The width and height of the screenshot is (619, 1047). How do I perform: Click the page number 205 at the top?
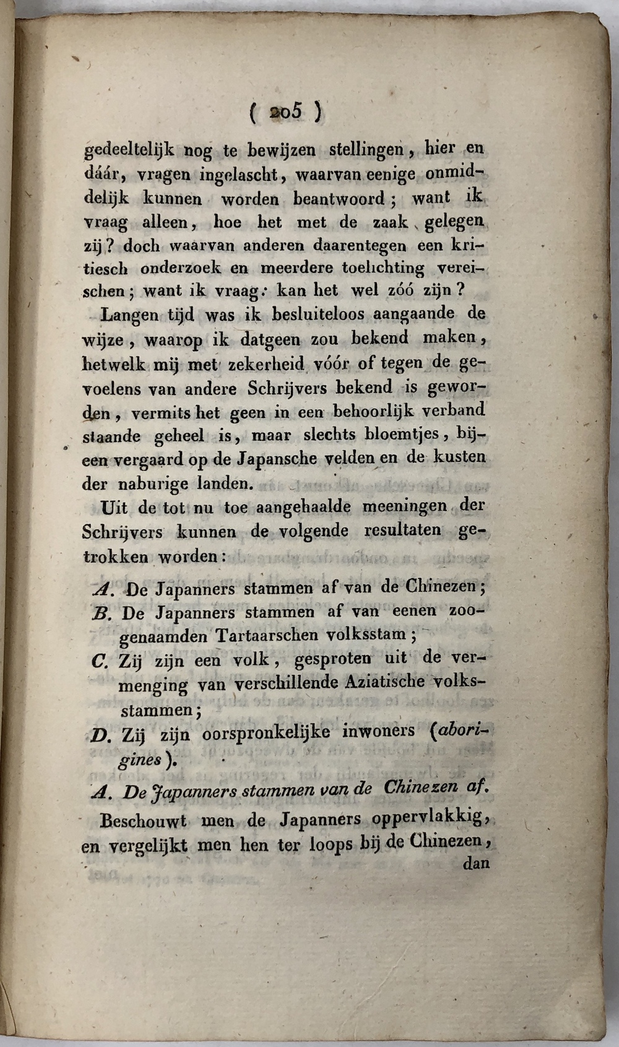pyautogui.click(x=285, y=112)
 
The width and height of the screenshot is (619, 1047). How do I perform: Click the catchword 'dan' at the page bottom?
pyautogui.click(x=476, y=863)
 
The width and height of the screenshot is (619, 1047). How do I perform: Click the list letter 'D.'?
pyautogui.click(x=100, y=736)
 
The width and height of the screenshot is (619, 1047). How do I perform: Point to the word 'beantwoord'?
pyautogui.click(x=339, y=199)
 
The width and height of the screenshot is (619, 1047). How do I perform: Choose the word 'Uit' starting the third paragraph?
pyautogui.click(x=114, y=508)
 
